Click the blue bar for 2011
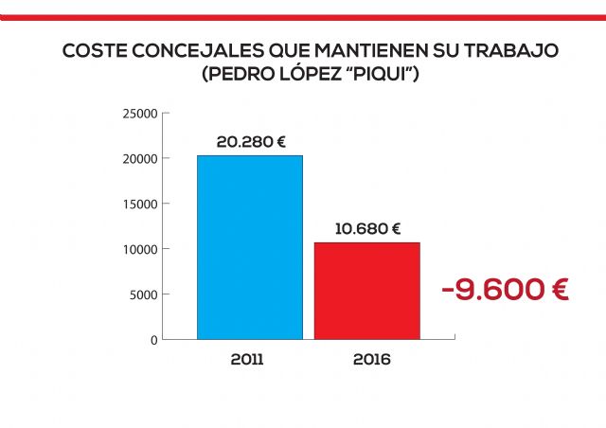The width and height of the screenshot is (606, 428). (250, 247)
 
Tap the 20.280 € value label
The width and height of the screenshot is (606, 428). (251, 142)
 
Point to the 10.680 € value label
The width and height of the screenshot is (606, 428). (367, 228)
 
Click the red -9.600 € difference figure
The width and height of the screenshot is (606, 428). (505, 290)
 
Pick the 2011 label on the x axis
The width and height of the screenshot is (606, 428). (247, 361)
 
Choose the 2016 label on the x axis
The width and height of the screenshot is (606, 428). (371, 361)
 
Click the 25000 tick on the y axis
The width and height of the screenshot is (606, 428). (139, 114)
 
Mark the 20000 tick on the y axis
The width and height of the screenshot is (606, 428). (139, 159)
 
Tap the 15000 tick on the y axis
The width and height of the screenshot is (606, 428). (139, 204)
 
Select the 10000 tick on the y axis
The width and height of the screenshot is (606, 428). (139, 249)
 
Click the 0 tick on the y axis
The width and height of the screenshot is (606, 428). (153, 339)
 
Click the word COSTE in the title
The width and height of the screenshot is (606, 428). (92, 50)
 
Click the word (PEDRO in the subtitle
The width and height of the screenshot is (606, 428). (236, 73)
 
